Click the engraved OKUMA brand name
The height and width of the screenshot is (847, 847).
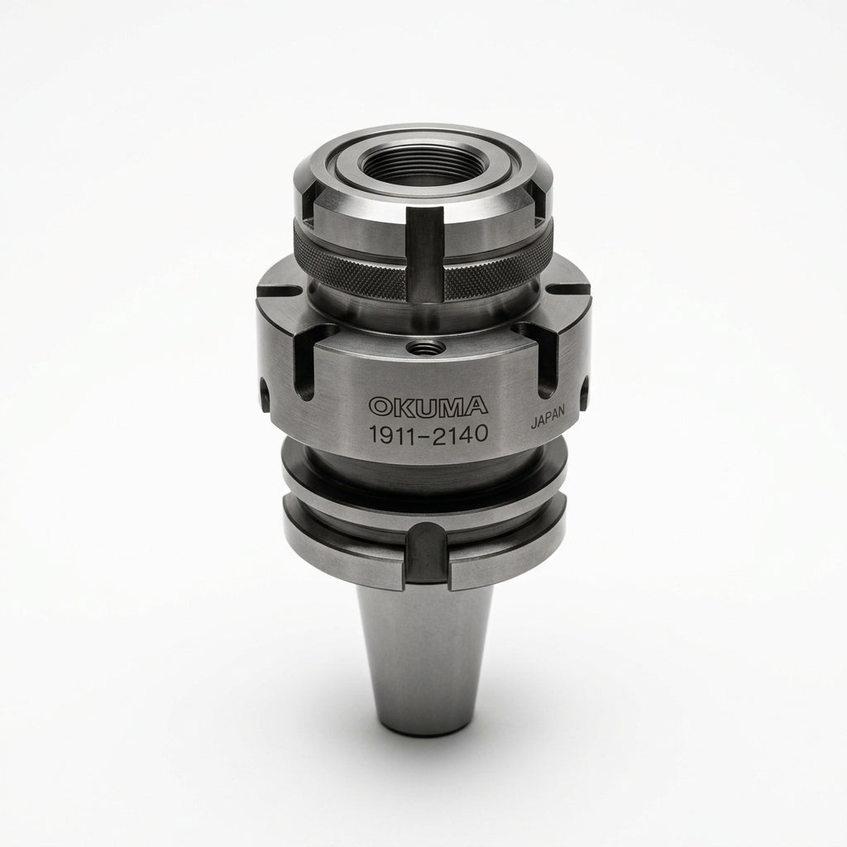(428, 406)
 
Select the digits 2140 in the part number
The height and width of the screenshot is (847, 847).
(462, 433)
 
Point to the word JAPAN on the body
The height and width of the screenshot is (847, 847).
(548, 417)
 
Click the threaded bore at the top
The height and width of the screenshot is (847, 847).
(415, 166)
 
